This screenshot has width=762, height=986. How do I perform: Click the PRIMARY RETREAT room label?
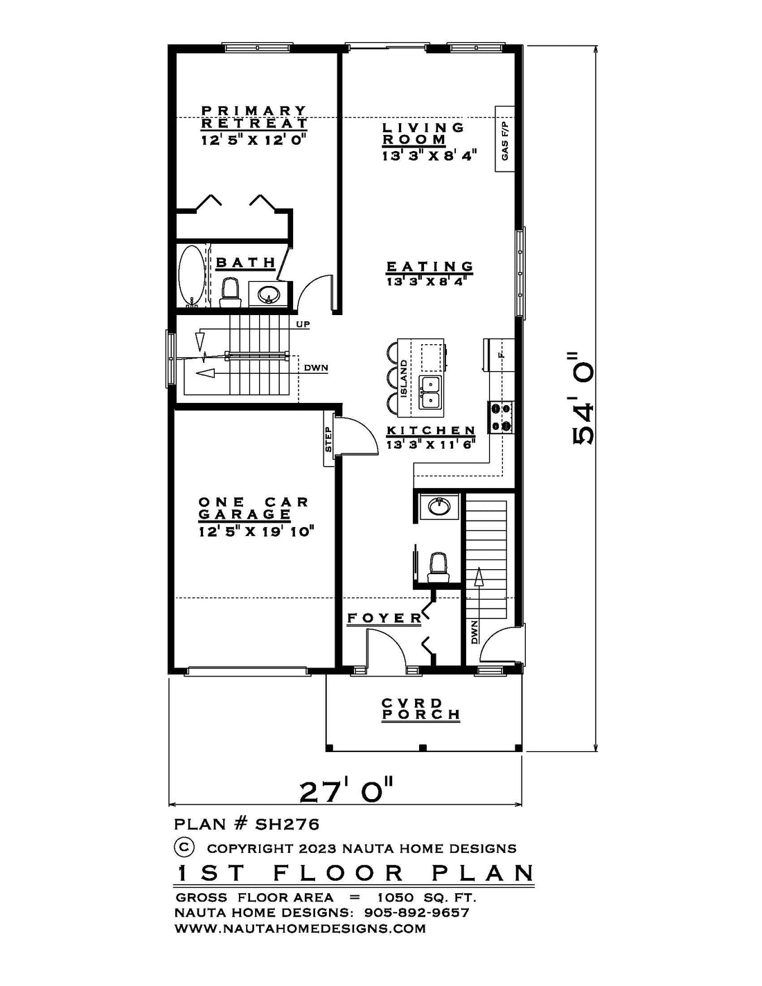[254, 117]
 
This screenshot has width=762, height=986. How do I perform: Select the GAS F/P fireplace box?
[505, 139]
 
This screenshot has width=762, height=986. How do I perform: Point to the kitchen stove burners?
[501, 417]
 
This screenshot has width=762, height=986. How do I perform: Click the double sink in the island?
[430, 393]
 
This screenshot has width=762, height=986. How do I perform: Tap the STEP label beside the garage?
[328, 439]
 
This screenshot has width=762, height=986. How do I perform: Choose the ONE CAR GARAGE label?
[254, 508]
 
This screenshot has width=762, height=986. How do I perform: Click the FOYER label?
[384, 618]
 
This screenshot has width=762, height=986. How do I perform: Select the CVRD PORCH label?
[420, 709]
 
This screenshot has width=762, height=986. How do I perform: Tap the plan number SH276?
[287, 823]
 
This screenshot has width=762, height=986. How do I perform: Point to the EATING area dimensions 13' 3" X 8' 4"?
[427, 282]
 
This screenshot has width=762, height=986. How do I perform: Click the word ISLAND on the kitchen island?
[403, 377]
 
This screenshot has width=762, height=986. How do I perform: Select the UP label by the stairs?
[303, 325]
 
